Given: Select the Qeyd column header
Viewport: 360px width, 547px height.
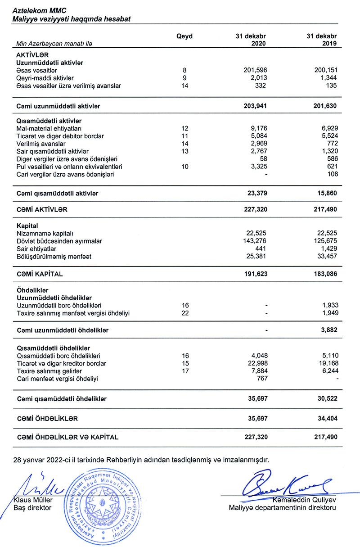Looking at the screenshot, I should coord(184,36).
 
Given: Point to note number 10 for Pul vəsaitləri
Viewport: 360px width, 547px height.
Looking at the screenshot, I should coord(184,167).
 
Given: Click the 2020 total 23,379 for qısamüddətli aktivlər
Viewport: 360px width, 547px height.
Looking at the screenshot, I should coord(256,193).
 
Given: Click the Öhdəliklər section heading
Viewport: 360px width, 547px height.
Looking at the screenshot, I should coord(32,290).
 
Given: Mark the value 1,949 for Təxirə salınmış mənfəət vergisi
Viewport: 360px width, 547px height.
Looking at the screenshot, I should coord(328,313).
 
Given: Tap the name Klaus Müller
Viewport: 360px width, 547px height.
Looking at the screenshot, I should coord(33,500).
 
